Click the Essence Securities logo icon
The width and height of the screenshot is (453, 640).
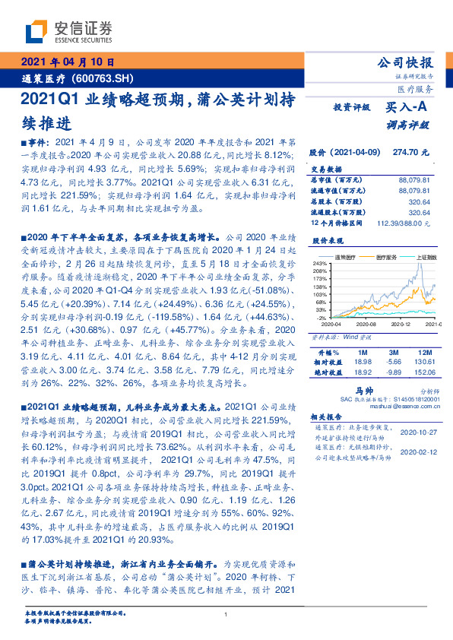coord(36,32)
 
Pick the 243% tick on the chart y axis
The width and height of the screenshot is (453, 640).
coord(321,263)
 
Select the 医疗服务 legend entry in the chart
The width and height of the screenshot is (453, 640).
coord(386,257)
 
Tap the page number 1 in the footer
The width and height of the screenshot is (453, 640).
coord(226,615)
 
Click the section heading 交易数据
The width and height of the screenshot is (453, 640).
coord(325,170)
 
